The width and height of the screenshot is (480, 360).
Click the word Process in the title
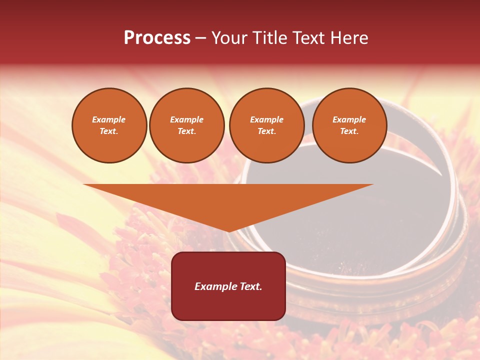[157, 38]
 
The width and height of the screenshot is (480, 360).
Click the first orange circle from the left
[109, 125]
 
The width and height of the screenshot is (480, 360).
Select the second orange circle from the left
[186, 125]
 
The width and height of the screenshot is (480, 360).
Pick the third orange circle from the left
[266, 125]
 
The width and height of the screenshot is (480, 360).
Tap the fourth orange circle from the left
[349, 125]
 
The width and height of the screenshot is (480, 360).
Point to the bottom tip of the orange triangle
[228, 231]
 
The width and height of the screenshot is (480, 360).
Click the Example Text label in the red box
[228, 286]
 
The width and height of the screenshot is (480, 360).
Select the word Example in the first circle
[109, 120]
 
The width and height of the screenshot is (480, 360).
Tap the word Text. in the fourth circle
[349, 131]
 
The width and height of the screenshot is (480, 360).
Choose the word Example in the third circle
[266, 120]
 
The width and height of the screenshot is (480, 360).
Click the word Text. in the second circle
[186, 131]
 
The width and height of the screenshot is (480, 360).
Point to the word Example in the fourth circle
[349, 120]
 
